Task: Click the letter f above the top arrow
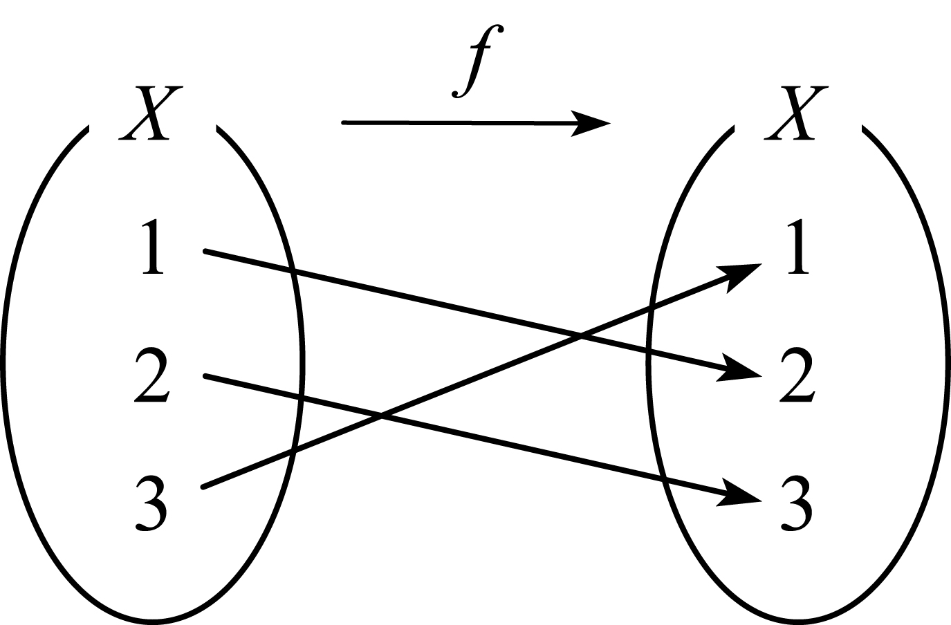tap(478, 61)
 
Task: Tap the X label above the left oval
tap(151, 113)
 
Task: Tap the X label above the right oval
tap(797, 113)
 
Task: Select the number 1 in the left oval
tap(152, 246)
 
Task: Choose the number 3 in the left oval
tap(151, 503)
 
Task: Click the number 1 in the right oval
tap(797, 246)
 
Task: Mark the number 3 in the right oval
tap(797, 503)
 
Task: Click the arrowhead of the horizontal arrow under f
tap(592, 124)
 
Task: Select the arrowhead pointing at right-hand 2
tap(739, 370)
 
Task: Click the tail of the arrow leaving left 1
tap(205, 252)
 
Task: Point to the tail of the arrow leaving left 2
tap(205, 376)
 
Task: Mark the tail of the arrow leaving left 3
tap(203, 487)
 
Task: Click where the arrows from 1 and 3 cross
tap(580, 337)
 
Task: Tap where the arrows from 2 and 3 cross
tap(381, 416)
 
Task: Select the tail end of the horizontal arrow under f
tap(344, 123)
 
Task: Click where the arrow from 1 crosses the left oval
tap(293, 272)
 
